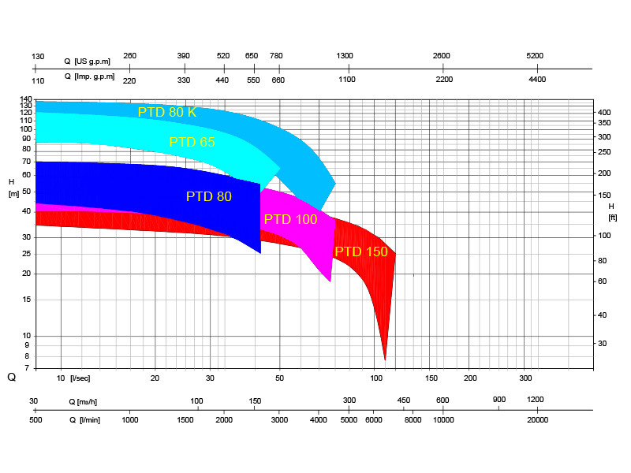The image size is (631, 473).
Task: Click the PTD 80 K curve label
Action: [x=166, y=112]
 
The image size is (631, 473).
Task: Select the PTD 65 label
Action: [x=192, y=142]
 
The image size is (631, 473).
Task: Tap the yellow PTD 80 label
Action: [x=209, y=196]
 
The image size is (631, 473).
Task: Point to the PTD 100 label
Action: [x=290, y=219]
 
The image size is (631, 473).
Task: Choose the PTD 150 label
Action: [x=361, y=251]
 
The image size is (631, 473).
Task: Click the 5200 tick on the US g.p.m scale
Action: [x=535, y=56]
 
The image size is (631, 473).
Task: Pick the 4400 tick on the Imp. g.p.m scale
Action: [x=536, y=80]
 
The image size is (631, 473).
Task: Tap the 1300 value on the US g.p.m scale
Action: [x=345, y=56]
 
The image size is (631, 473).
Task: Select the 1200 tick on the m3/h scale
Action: [x=536, y=400]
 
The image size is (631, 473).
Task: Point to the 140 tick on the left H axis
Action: [x=27, y=102]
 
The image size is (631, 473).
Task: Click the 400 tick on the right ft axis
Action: [x=604, y=113]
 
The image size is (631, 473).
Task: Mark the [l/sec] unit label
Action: [x=80, y=378]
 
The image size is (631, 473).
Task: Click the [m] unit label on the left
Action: [x=13, y=193]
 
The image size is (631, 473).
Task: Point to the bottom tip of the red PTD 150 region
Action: [x=385, y=359]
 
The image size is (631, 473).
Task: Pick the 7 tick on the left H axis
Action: [x=27, y=367]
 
